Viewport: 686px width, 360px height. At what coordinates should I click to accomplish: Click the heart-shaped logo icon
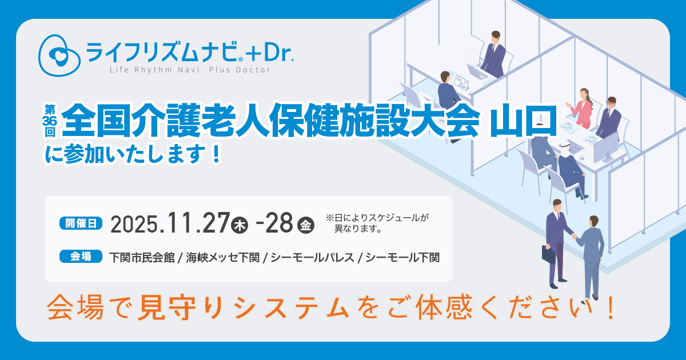[59, 55]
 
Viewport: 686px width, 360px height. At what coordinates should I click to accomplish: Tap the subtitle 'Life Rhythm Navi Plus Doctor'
[190, 70]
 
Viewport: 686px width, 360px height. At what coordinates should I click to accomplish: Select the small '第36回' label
[50, 120]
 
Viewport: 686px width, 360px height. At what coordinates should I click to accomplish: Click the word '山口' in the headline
[524, 121]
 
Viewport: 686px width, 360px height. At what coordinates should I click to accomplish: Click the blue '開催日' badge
[81, 223]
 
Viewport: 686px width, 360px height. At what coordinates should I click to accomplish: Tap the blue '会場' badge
[81, 256]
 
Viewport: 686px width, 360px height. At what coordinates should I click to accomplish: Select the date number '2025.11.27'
[170, 223]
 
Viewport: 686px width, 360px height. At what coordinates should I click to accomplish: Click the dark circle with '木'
[240, 225]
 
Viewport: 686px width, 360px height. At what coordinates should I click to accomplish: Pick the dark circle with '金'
[306, 225]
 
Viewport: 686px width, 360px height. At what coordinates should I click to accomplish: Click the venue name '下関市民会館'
[142, 258]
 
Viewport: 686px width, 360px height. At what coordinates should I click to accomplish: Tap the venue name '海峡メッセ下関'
[222, 258]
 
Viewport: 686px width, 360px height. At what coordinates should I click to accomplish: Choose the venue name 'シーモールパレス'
[313, 258]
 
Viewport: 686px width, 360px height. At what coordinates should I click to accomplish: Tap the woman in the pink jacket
[581, 108]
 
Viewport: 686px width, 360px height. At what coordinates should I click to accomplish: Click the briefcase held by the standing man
[548, 254]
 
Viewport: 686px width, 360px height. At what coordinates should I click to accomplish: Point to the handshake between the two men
[574, 236]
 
